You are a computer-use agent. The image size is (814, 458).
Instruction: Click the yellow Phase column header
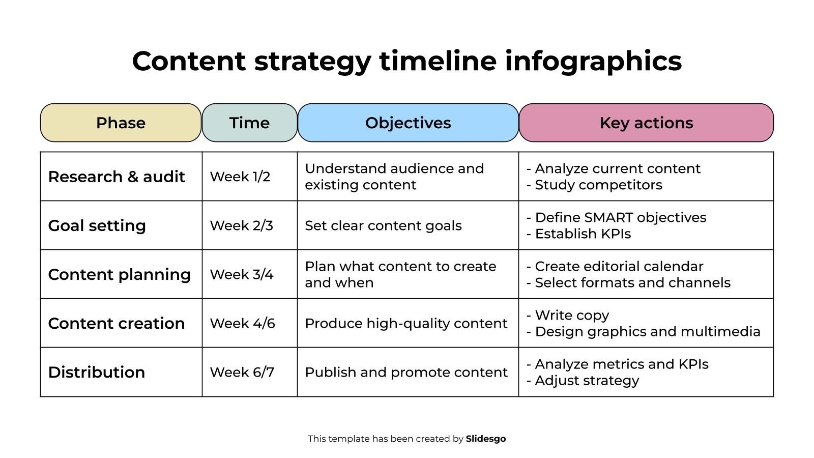pyautogui.click(x=121, y=123)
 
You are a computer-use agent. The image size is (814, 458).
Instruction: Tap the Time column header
pyautogui.click(x=250, y=123)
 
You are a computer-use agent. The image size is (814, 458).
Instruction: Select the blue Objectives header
pyautogui.click(x=408, y=123)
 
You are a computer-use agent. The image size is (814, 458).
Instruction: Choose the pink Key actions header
pyautogui.click(x=646, y=123)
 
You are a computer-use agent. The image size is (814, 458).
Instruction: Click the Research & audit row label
pyautogui.click(x=117, y=177)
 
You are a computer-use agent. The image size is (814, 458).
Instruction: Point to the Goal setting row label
pyautogui.click(x=97, y=226)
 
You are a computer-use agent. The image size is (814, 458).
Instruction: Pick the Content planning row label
pyautogui.click(x=119, y=275)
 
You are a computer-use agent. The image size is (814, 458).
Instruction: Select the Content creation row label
pyautogui.click(x=117, y=323)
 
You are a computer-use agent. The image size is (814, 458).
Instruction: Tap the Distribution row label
pyautogui.click(x=97, y=372)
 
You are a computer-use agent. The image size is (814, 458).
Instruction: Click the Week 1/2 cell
pyautogui.click(x=240, y=177)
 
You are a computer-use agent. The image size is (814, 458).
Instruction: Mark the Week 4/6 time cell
pyautogui.click(x=242, y=323)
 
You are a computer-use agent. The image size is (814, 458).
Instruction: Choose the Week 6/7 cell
pyautogui.click(x=242, y=372)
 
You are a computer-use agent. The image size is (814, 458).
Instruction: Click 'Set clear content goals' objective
pyautogui.click(x=384, y=226)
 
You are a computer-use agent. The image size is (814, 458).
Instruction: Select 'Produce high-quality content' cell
pyautogui.click(x=406, y=324)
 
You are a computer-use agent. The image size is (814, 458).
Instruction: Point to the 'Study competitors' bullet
pyautogui.click(x=595, y=185)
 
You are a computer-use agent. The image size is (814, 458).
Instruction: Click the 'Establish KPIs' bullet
pyautogui.click(x=579, y=234)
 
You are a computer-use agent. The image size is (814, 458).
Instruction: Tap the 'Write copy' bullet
pyautogui.click(x=568, y=316)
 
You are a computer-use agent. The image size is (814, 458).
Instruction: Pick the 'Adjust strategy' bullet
pyautogui.click(x=583, y=381)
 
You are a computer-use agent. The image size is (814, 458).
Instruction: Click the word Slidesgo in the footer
pyautogui.click(x=486, y=439)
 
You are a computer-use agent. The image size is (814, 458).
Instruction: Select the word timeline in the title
pyautogui.click(x=438, y=61)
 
